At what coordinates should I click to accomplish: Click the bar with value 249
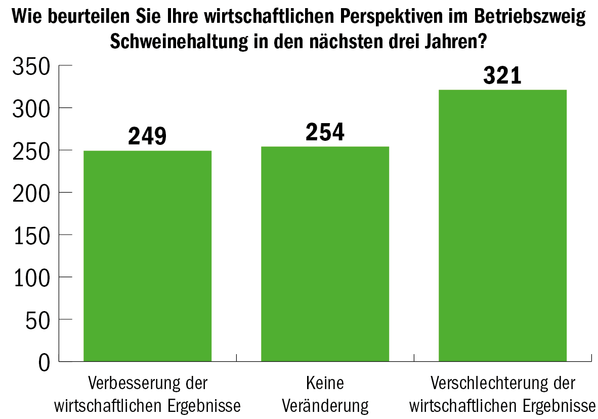point(147,256)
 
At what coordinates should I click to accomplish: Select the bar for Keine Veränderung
point(325,254)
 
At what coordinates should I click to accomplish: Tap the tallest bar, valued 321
point(502,225)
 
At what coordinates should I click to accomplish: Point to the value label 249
point(147,136)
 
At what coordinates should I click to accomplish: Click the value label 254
point(325,132)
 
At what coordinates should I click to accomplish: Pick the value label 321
point(502,75)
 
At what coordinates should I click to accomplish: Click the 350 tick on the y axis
point(31,67)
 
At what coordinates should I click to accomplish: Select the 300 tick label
point(31,108)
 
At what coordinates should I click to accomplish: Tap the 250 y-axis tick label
point(31,150)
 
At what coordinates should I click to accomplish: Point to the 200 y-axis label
point(31,193)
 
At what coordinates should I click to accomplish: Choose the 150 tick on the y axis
point(31,235)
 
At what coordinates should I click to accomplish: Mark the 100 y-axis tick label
point(31,277)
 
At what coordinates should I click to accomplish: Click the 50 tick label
point(38,319)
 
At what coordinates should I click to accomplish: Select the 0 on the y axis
point(44,362)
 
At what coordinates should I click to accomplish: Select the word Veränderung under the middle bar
point(325,405)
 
